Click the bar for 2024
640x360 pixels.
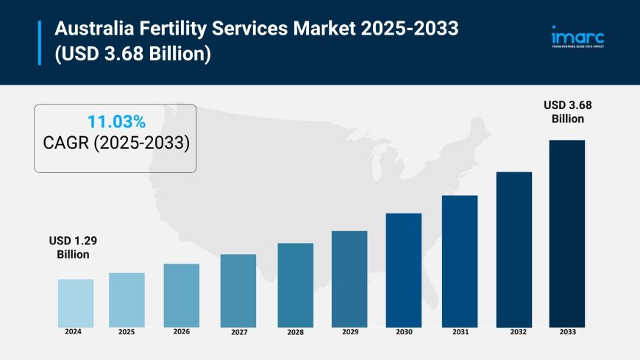(76, 303)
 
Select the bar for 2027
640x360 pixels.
(238, 290)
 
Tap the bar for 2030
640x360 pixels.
(404, 269)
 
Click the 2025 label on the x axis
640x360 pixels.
(127, 332)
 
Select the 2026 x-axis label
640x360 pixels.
(181, 331)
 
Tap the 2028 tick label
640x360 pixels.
(295, 332)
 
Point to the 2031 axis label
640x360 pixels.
(460, 332)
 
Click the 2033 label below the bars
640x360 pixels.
(567, 332)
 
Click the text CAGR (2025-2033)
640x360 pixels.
(115, 144)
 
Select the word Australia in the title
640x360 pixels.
(92, 31)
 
